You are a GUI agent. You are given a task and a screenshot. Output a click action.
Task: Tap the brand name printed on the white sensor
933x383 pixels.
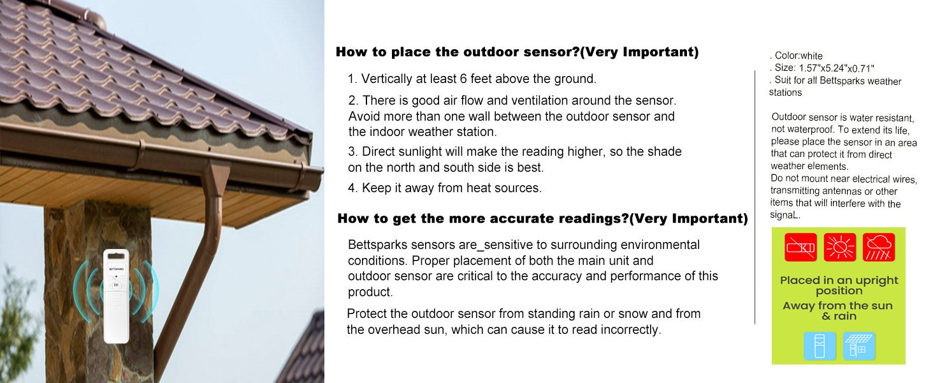click(116, 269)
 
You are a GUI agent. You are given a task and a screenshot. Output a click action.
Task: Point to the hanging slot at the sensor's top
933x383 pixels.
click(116, 257)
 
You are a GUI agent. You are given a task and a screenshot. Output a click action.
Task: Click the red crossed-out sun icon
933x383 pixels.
click(839, 247)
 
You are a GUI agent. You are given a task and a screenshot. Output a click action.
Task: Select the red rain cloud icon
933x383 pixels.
click(879, 247)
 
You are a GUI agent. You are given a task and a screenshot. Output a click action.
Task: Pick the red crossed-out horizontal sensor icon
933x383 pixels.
click(800, 247)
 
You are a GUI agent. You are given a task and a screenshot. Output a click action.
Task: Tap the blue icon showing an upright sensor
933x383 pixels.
click(820, 346)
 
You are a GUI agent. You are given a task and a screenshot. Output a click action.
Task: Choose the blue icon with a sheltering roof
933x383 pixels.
click(859, 346)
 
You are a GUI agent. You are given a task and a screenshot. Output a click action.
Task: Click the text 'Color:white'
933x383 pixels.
click(798, 56)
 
